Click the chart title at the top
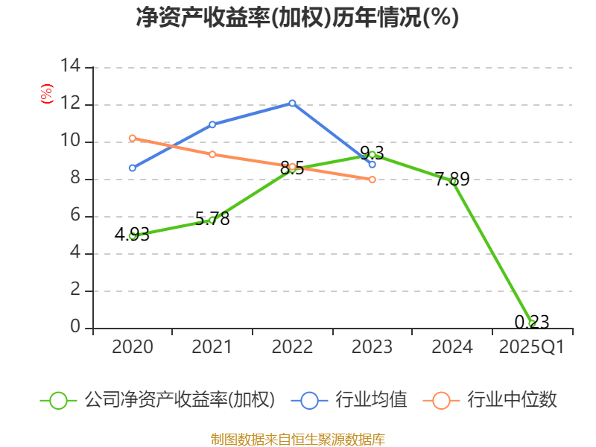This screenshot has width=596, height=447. click(297, 18)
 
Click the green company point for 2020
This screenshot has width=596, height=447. click(133, 235)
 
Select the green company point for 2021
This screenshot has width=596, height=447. click(212, 220)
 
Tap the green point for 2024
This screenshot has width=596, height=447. click(452, 181)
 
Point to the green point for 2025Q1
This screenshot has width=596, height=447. click(532, 323)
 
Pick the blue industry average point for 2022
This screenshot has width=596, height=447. click(292, 103)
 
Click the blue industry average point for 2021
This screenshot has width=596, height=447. click(212, 124)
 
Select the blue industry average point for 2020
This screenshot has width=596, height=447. click(133, 168)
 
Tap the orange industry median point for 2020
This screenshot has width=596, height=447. click(133, 138)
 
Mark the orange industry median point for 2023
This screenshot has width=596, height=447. click(372, 179)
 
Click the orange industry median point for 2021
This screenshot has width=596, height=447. click(212, 154)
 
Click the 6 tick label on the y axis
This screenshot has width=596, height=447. click(74, 216)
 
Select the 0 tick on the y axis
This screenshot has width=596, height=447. click(74, 328)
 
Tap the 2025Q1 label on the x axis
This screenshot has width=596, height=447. click(532, 347)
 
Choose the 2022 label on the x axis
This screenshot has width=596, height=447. click(292, 347)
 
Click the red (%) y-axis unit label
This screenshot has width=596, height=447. click(46, 95)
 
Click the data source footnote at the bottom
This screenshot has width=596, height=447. click(297, 439)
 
